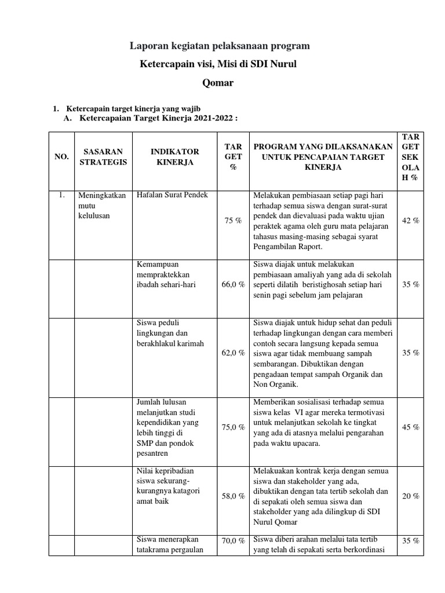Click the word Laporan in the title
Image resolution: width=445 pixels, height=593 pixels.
click(x=145, y=45)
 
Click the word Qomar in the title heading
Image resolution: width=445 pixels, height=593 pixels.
click(x=218, y=82)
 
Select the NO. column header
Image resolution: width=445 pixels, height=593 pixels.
click(x=62, y=157)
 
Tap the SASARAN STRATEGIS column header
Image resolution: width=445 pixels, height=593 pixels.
click(x=103, y=157)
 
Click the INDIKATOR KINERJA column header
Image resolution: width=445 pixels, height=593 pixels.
click(x=175, y=157)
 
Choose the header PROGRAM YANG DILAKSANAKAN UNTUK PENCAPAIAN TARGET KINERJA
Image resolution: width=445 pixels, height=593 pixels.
click(x=323, y=157)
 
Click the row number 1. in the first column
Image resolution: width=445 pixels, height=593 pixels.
click(x=62, y=195)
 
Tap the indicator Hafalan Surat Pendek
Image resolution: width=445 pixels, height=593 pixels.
click(x=172, y=195)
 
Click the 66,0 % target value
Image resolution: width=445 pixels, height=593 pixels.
click(x=234, y=285)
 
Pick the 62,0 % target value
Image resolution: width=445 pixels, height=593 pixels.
click(x=234, y=353)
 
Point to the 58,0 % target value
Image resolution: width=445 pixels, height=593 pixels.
click(x=234, y=496)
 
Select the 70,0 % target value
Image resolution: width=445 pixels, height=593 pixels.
click(x=234, y=541)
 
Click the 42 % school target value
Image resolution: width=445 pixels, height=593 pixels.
click(x=410, y=221)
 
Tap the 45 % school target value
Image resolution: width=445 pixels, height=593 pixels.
click(x=410, y=427)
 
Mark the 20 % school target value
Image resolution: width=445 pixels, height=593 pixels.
click(x=410, y=496)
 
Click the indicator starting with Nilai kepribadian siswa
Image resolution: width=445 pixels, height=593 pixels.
click(x=167, y=486)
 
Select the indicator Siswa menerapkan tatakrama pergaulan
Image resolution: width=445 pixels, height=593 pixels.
click(x=169, y=546)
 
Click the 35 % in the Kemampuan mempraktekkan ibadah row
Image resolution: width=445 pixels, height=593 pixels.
click(x=410, y=285)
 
